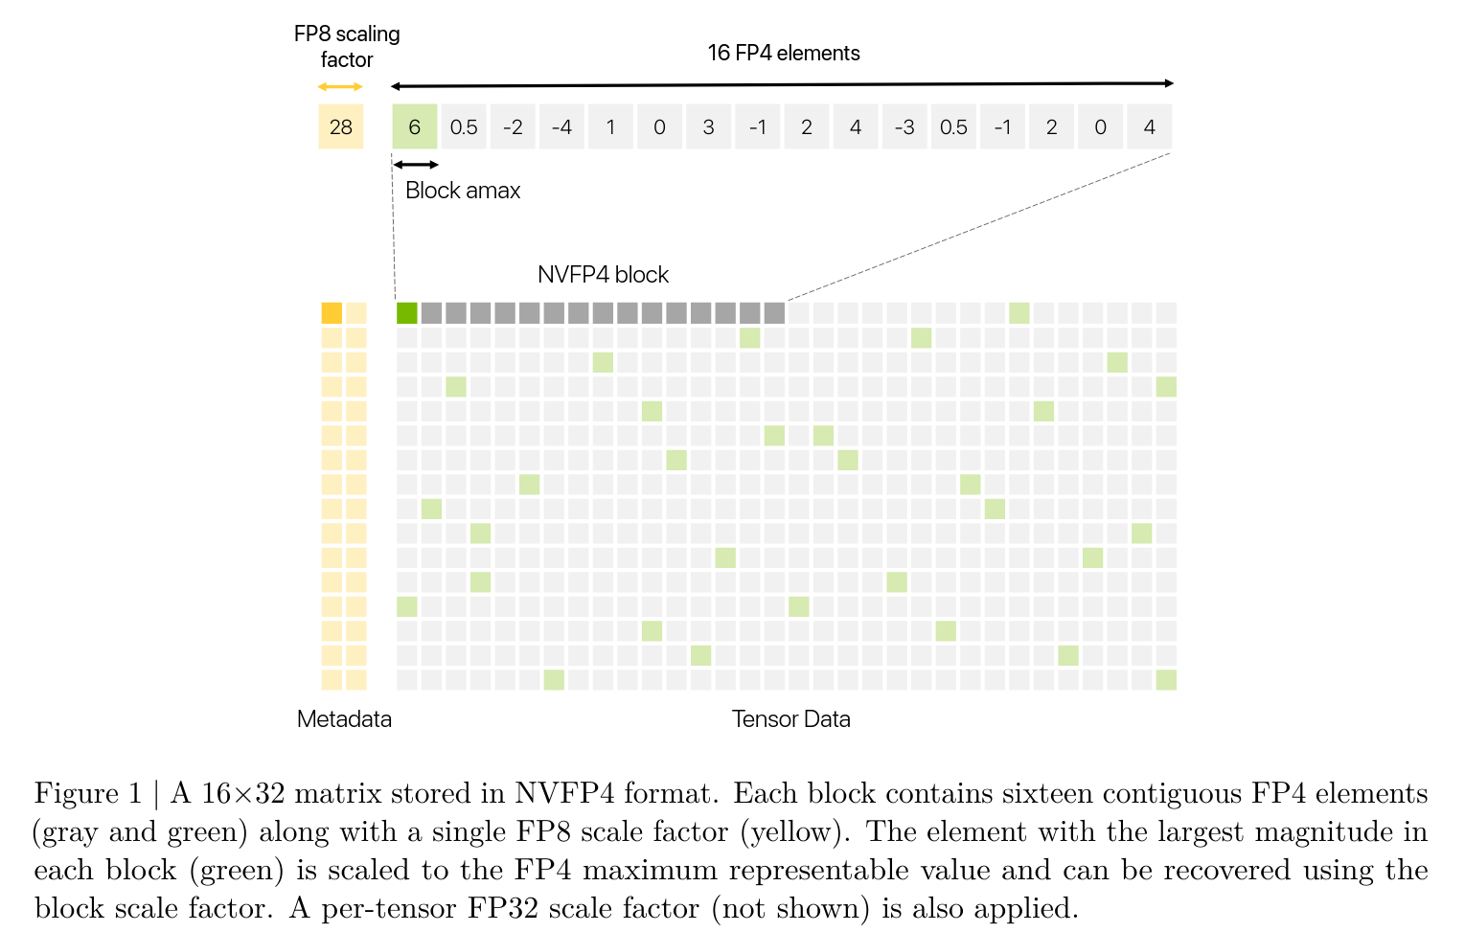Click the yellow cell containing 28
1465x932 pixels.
pyautogui.click(x=340, y=126)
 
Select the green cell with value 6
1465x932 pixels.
pyautogui.click(x=414, y=126)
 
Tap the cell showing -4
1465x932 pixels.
pyautogui.click(x=561, y=126)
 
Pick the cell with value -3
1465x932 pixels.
pyautogui.click(x=904, y=126)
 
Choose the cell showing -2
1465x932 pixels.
pyautogui.click(x=513, y=126)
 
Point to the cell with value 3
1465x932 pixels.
pyautogui.click(x=708, y=126)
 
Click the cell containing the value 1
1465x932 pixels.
pyautogui.click(x=610, y=126)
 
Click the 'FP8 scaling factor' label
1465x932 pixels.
pyautogui.click(x=346, y=46)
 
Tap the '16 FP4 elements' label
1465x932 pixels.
pyautogui.click(x=783, y=53)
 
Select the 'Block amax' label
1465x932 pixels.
pyautogui.click(x=463, y=191)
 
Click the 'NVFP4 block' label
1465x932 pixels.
pyautogui.click(x=603, y=275)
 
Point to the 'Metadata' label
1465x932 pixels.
pyautogui.click(x=344, y=719)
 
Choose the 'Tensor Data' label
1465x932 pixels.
pyautogui.click(x=790, y=719)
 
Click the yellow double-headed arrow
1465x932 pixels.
pyautogui.click(x=340, y=87)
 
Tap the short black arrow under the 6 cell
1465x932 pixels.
pyautogui.click(x=416, y=165)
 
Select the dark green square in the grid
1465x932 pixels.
pyautogui.click(x=406, y=313)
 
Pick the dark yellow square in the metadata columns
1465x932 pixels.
pyautogui.click(x=332, y=313)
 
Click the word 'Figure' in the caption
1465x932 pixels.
pyautogui.click(x=76, y=794)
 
